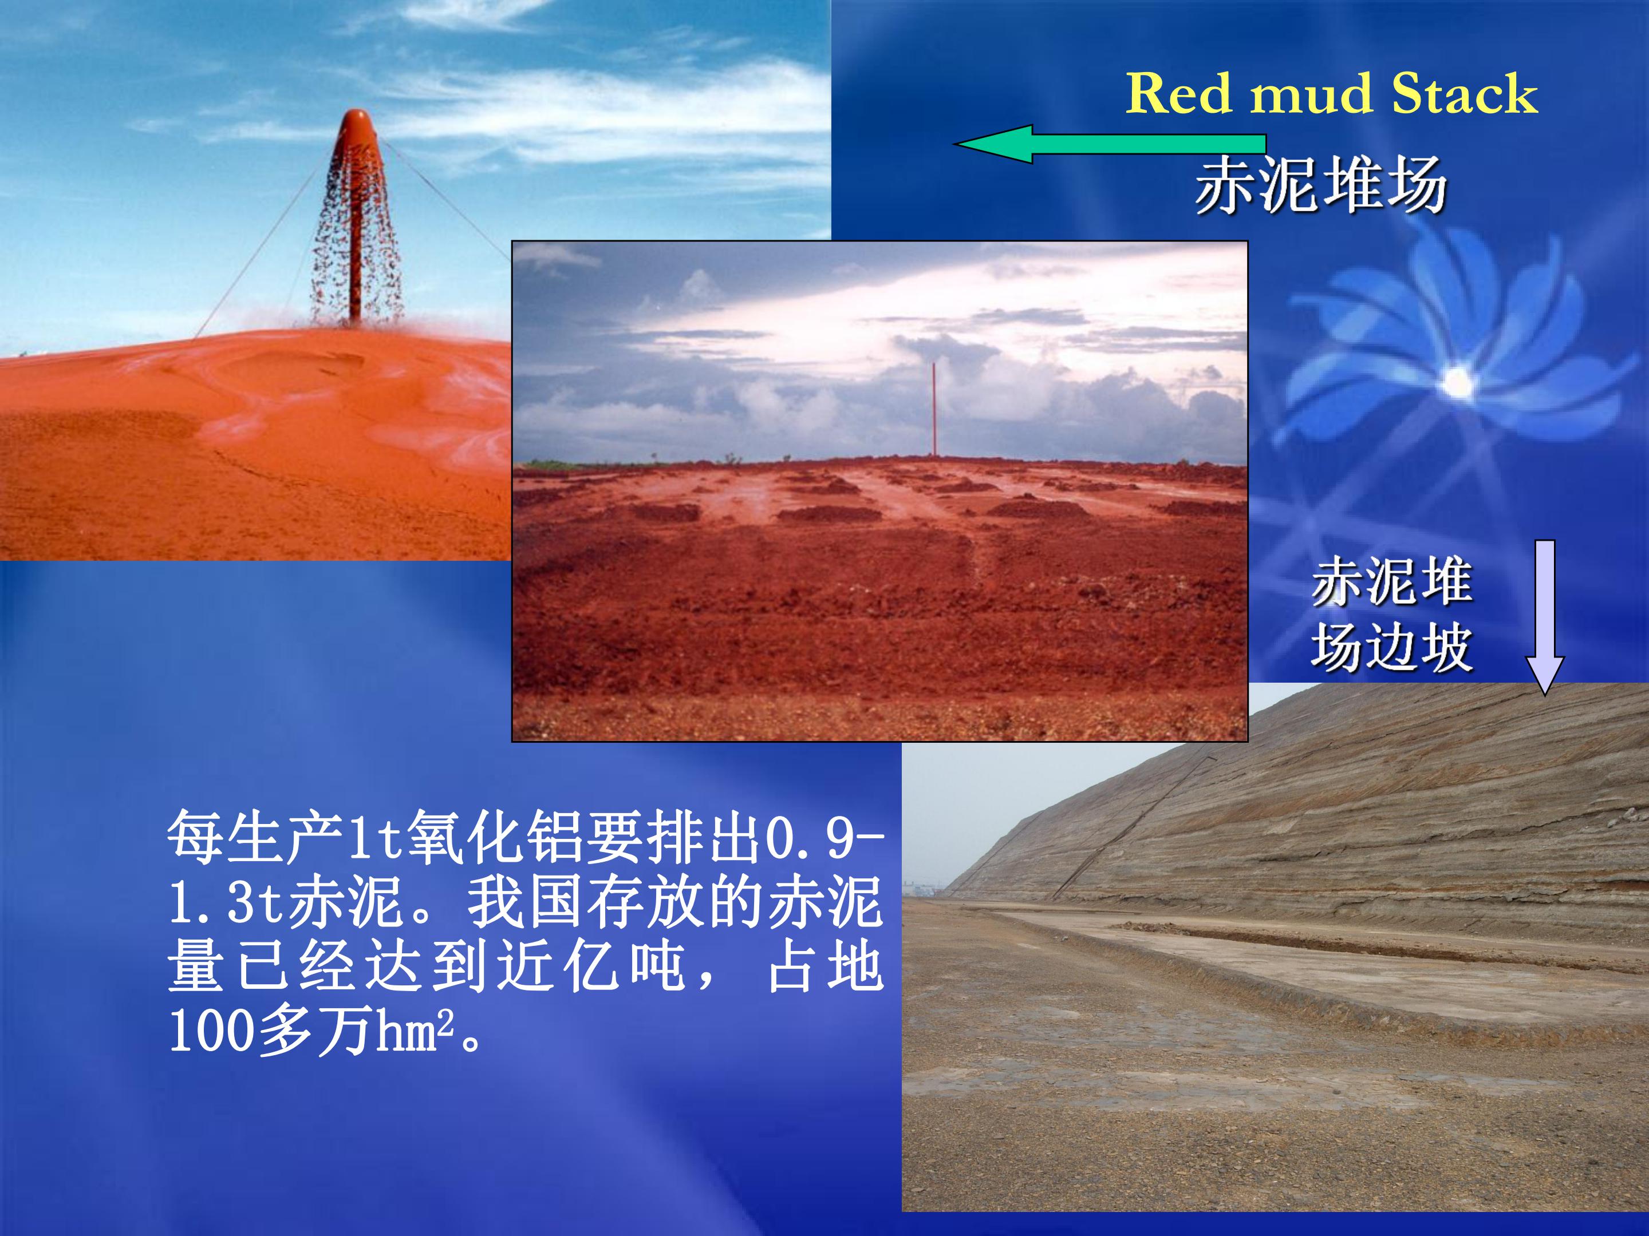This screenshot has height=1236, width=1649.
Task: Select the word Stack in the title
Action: [x=1465, y=94]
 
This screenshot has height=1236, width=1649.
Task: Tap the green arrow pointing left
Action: [x=1109, y=144]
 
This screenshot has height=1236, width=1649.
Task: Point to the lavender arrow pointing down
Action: [x=1545, y=617]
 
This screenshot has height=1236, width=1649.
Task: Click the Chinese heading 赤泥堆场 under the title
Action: [x=1321, y=185]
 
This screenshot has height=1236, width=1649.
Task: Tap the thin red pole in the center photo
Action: [x=933, y=409]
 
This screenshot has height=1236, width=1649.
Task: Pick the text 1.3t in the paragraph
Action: [x=227, y=903]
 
